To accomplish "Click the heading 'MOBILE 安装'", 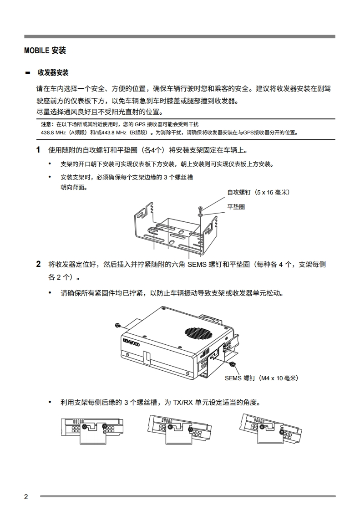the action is pos(45,51).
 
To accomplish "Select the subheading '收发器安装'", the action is pos(53,73).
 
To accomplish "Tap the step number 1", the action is pos(38,150).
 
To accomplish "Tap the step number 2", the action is pos(38,264).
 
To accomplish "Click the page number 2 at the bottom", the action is pos(26,497).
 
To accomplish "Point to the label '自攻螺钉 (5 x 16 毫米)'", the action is pos(259,192).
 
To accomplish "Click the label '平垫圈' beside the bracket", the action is pos(236,207).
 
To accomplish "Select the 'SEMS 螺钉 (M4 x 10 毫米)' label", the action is pos(261,378).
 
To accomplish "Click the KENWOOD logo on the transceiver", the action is pos(131,342).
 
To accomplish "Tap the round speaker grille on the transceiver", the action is pos(198,332).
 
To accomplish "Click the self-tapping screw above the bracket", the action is pos(200,208).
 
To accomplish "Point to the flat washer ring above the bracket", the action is pos(200,215).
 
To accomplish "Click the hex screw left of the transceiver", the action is pos(118,325).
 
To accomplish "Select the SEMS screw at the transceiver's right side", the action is pos(233,364).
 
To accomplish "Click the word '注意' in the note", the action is pos(46,124).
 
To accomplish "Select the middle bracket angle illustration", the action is pos(179,429).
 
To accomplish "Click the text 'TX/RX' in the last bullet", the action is pos(183,403).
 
